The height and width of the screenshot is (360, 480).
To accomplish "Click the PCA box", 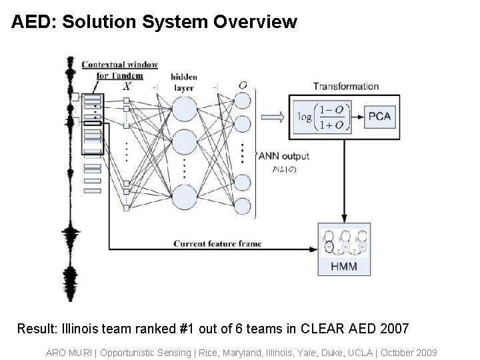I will click(379, 117).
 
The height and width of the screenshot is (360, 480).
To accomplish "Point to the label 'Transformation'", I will click(346, 86).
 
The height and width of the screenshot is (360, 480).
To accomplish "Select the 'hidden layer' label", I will click(183, 82).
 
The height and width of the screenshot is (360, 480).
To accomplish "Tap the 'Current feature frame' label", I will click(217, 244).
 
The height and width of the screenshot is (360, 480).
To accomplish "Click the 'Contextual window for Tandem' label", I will click(119, 70).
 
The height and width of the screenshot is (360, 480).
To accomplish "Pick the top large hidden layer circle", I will click(186, 109).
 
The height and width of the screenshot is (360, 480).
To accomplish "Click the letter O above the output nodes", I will click(243, 85).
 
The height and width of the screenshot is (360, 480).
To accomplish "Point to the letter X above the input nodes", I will click(127, 85).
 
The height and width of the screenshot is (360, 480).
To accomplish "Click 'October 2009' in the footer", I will click(411, 351).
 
